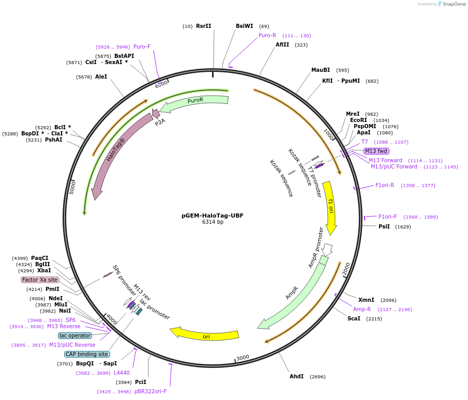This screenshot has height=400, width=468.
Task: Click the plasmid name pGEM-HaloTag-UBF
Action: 213,216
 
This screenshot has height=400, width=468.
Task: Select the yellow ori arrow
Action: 206,334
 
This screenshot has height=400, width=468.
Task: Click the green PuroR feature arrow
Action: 195,101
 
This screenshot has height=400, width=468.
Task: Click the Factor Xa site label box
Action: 40,280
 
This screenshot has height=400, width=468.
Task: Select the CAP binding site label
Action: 87,354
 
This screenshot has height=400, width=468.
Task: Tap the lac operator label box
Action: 75,335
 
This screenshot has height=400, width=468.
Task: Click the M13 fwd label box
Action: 376,151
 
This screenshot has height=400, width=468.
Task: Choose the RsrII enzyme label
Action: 203,26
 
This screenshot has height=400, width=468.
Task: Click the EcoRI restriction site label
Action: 358,120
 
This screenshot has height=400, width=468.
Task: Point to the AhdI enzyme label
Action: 296,376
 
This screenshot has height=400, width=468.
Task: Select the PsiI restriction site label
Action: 384,226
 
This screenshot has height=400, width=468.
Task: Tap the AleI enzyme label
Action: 101,76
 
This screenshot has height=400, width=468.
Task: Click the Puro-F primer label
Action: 142,47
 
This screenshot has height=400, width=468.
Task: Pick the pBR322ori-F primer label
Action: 150,391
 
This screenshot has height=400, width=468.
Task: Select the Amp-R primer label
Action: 362,309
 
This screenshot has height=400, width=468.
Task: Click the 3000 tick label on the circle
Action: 243,357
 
